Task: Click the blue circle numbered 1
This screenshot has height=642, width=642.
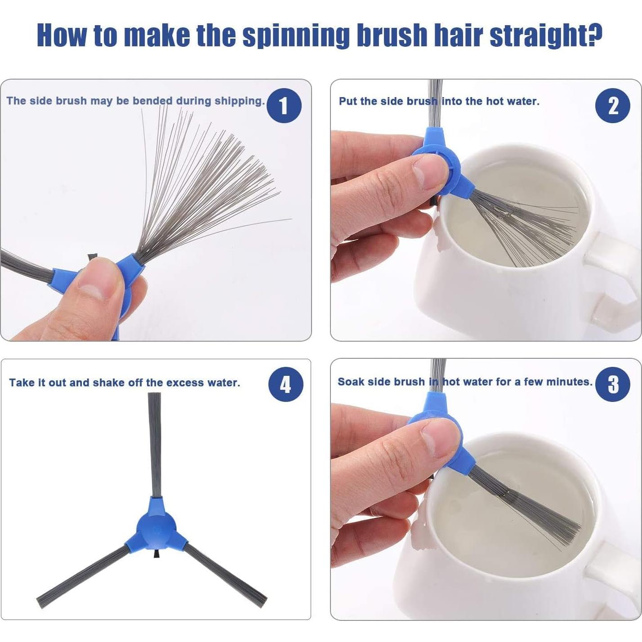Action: [284, 105]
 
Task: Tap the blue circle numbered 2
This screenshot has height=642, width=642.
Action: [613, 105]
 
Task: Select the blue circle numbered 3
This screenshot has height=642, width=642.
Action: [613, 384]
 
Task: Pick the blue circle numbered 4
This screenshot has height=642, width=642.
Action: [285, 384]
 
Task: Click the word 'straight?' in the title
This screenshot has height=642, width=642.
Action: [546, 36]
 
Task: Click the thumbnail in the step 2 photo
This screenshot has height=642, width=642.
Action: [425, 172]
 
